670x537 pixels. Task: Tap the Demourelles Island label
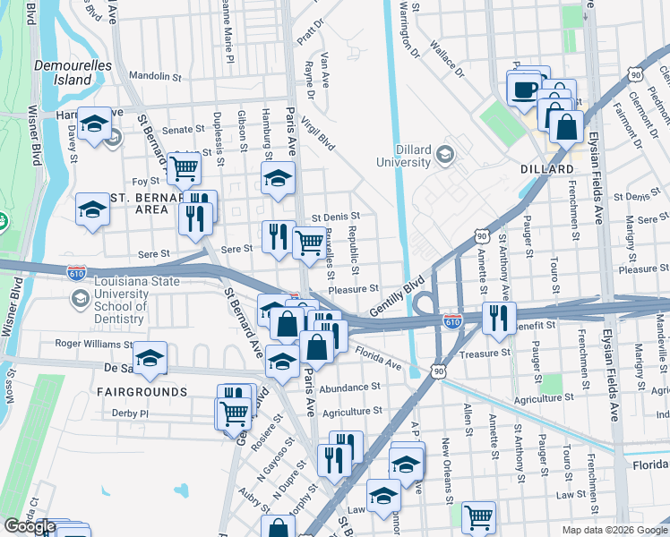pyautogui.click(x=63, y=72)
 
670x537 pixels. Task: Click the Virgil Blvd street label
pyautogui.click(x=318, y=132)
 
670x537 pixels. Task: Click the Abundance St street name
pyautogui.click(x=350, y=388)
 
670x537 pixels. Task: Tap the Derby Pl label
pyautogui.click(x=131, y=413)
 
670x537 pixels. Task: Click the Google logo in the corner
pyautogui.click(x=30, y=526)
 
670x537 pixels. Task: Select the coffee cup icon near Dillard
pyautogui.click(x=523, y=89)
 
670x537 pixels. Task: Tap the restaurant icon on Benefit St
pyautogui.click(x=498, y=317)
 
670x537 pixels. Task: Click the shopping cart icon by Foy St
pyautogui.click(x=184, y=166)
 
